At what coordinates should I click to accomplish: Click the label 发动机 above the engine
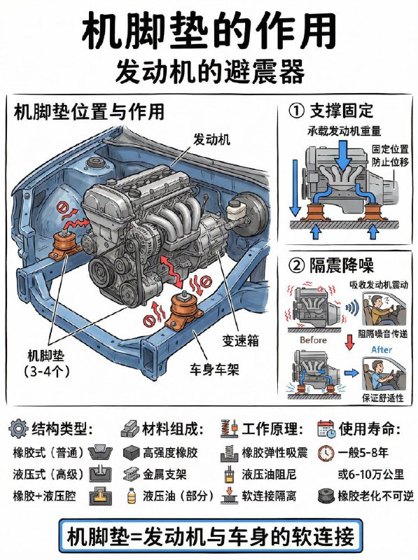click(211, 139)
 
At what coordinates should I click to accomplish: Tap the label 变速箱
click(240, 340)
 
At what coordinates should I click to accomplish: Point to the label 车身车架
click(214, 370)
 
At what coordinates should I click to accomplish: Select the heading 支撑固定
click(342, 111)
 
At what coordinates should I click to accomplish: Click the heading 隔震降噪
click(342, 265)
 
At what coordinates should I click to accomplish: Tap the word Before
click(313, 340)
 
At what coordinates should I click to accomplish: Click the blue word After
click(382, 349)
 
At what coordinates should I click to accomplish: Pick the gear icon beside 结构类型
click(18, 428)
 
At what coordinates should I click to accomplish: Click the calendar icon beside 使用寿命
click(326, 428)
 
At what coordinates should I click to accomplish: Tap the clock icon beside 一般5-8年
click(326, 453)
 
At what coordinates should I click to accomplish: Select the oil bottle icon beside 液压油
click(132, 496)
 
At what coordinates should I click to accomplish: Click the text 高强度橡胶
click(170, 453)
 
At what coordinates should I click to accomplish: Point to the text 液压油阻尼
click(269, 475)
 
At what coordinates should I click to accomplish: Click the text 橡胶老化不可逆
click(376, 496)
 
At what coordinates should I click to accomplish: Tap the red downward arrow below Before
click(349, 342)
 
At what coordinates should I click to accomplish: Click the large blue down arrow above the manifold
click(343, 155)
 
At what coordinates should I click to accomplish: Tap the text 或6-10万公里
click(371, 475)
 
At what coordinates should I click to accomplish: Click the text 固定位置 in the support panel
click(390, 148)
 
